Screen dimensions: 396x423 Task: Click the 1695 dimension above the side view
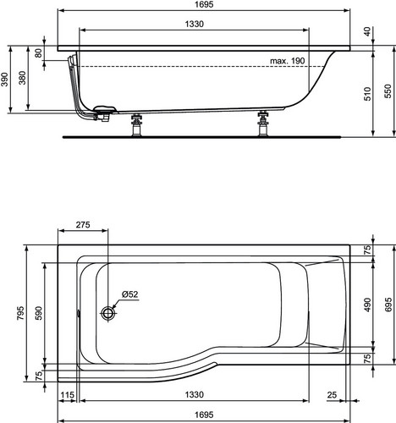204,4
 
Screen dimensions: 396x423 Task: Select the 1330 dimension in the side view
195,24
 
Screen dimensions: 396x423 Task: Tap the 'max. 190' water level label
288,61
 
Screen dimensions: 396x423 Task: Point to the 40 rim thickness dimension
367,31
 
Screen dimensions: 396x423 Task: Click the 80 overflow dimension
38,52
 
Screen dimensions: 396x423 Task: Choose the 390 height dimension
5,80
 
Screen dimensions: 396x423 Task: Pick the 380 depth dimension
22,78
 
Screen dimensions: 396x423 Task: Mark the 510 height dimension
367,94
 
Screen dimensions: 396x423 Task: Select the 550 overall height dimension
388,91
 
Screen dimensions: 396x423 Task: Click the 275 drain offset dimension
83,225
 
